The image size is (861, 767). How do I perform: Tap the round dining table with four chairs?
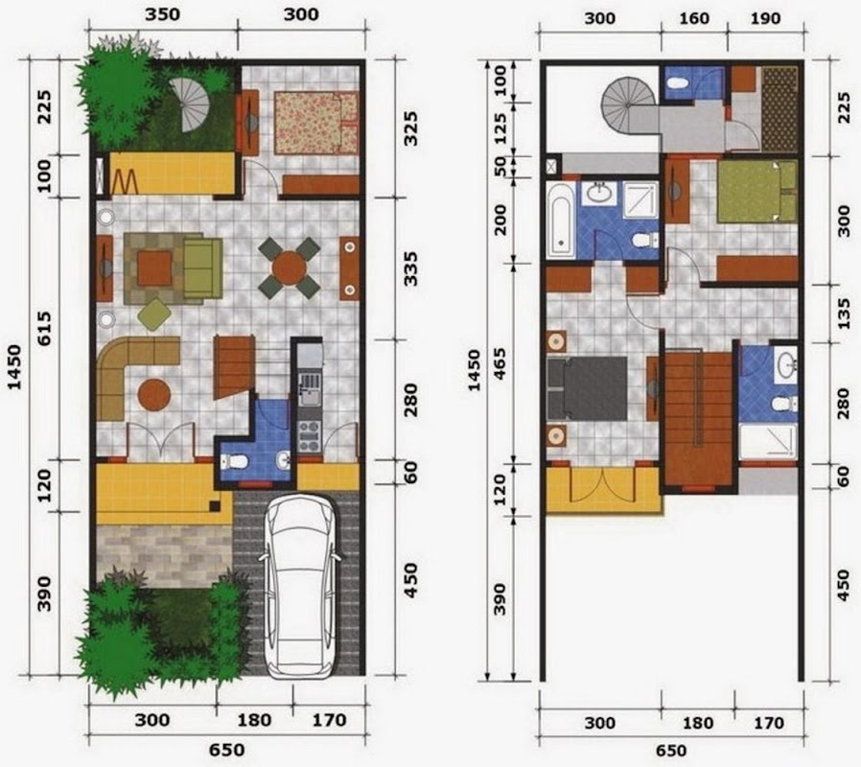click(x=290, y=267)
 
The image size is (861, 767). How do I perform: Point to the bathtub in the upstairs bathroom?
click(x=561, y=221)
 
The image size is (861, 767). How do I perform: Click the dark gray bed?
click(x=587, y=388)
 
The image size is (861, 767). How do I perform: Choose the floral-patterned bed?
click(x=315, y=123)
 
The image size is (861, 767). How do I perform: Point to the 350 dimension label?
click(x=163, y=14)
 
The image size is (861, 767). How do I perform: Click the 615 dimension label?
click(x=44, y=328)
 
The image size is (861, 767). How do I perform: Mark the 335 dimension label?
click(x=410, y=269)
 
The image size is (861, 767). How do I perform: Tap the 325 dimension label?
click(x=410, y=128)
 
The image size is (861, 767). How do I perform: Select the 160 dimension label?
click(x=694, y=18)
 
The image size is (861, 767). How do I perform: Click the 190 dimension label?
click(x=765, y=18)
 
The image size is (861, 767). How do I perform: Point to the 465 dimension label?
click(x=500, y=363)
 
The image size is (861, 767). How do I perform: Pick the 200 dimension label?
click(x=500, y=220)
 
